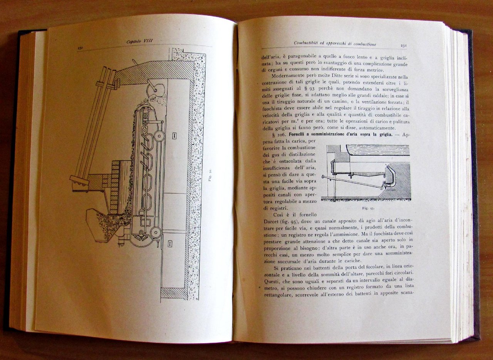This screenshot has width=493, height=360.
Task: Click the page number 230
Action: pyautogui.click(x=80, y=48)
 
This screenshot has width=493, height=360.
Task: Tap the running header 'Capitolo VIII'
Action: pyautogui.click(x=139, y=41)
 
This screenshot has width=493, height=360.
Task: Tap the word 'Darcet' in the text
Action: pyautogui.click(x=271, y=221)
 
